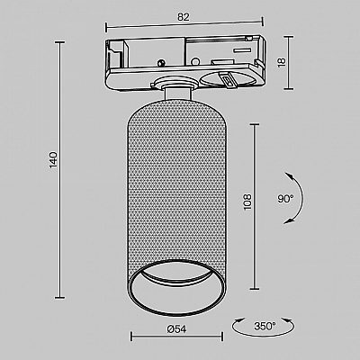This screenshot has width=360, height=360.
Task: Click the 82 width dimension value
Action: click(184, 17)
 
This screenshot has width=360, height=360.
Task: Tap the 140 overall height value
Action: click(53, 159)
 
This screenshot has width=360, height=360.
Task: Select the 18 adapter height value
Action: click(282, 62)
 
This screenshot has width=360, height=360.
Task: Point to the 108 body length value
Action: click(247, 202)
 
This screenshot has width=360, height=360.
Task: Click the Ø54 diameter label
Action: click(176, 329)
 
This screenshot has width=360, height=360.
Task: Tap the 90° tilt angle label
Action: click(285, 198)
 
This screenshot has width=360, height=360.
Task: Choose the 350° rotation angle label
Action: click(265, 326)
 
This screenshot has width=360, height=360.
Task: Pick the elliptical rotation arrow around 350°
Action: click(263, 336)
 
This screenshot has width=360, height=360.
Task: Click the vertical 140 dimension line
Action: click(60, 170)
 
